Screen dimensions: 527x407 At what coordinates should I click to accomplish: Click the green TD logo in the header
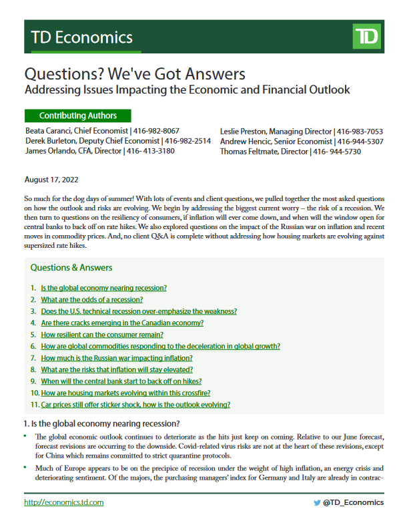click(366, 37)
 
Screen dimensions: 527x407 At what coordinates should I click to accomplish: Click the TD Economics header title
click(78, 37)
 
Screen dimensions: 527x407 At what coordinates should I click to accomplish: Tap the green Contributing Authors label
click(77, 116)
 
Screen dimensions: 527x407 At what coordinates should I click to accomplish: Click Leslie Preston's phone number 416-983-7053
click(360, 131)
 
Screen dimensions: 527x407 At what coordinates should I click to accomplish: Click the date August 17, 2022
click(51, 180)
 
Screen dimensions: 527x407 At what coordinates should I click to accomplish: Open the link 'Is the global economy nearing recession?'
click(103, 288)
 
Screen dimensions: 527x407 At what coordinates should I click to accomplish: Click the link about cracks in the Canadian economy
click(122, 323)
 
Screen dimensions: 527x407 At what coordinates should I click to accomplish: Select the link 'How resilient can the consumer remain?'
click(102, 335)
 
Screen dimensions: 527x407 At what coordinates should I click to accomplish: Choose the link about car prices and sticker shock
click(135, 405)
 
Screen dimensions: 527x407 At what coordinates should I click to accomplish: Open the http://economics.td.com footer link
click(63, 502)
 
